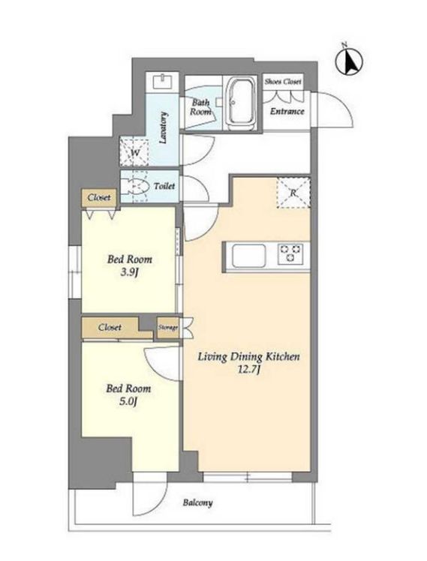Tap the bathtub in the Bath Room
(x=241, y=104)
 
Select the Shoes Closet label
(x=283, y=82)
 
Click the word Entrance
(x=287, y=111)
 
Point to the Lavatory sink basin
(x=163, y=82)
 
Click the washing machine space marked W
(x=134, y=152)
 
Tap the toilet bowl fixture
(x=135, y=186)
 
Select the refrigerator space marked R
(x=293, y=193)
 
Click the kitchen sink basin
(x=248, y=256)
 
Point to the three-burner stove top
(x=290, y=253)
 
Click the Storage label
(x=168, y=327)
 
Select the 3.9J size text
(x=129, y=273)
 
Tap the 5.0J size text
(x=128, y=402)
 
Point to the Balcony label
(x=197, y=503)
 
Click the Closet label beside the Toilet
(x=99, y=197)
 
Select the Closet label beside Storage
(x=110, y=327)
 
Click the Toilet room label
(x=164, y=186)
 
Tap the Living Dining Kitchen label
(x=248, y=357)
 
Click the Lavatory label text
(x=163, y=128)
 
